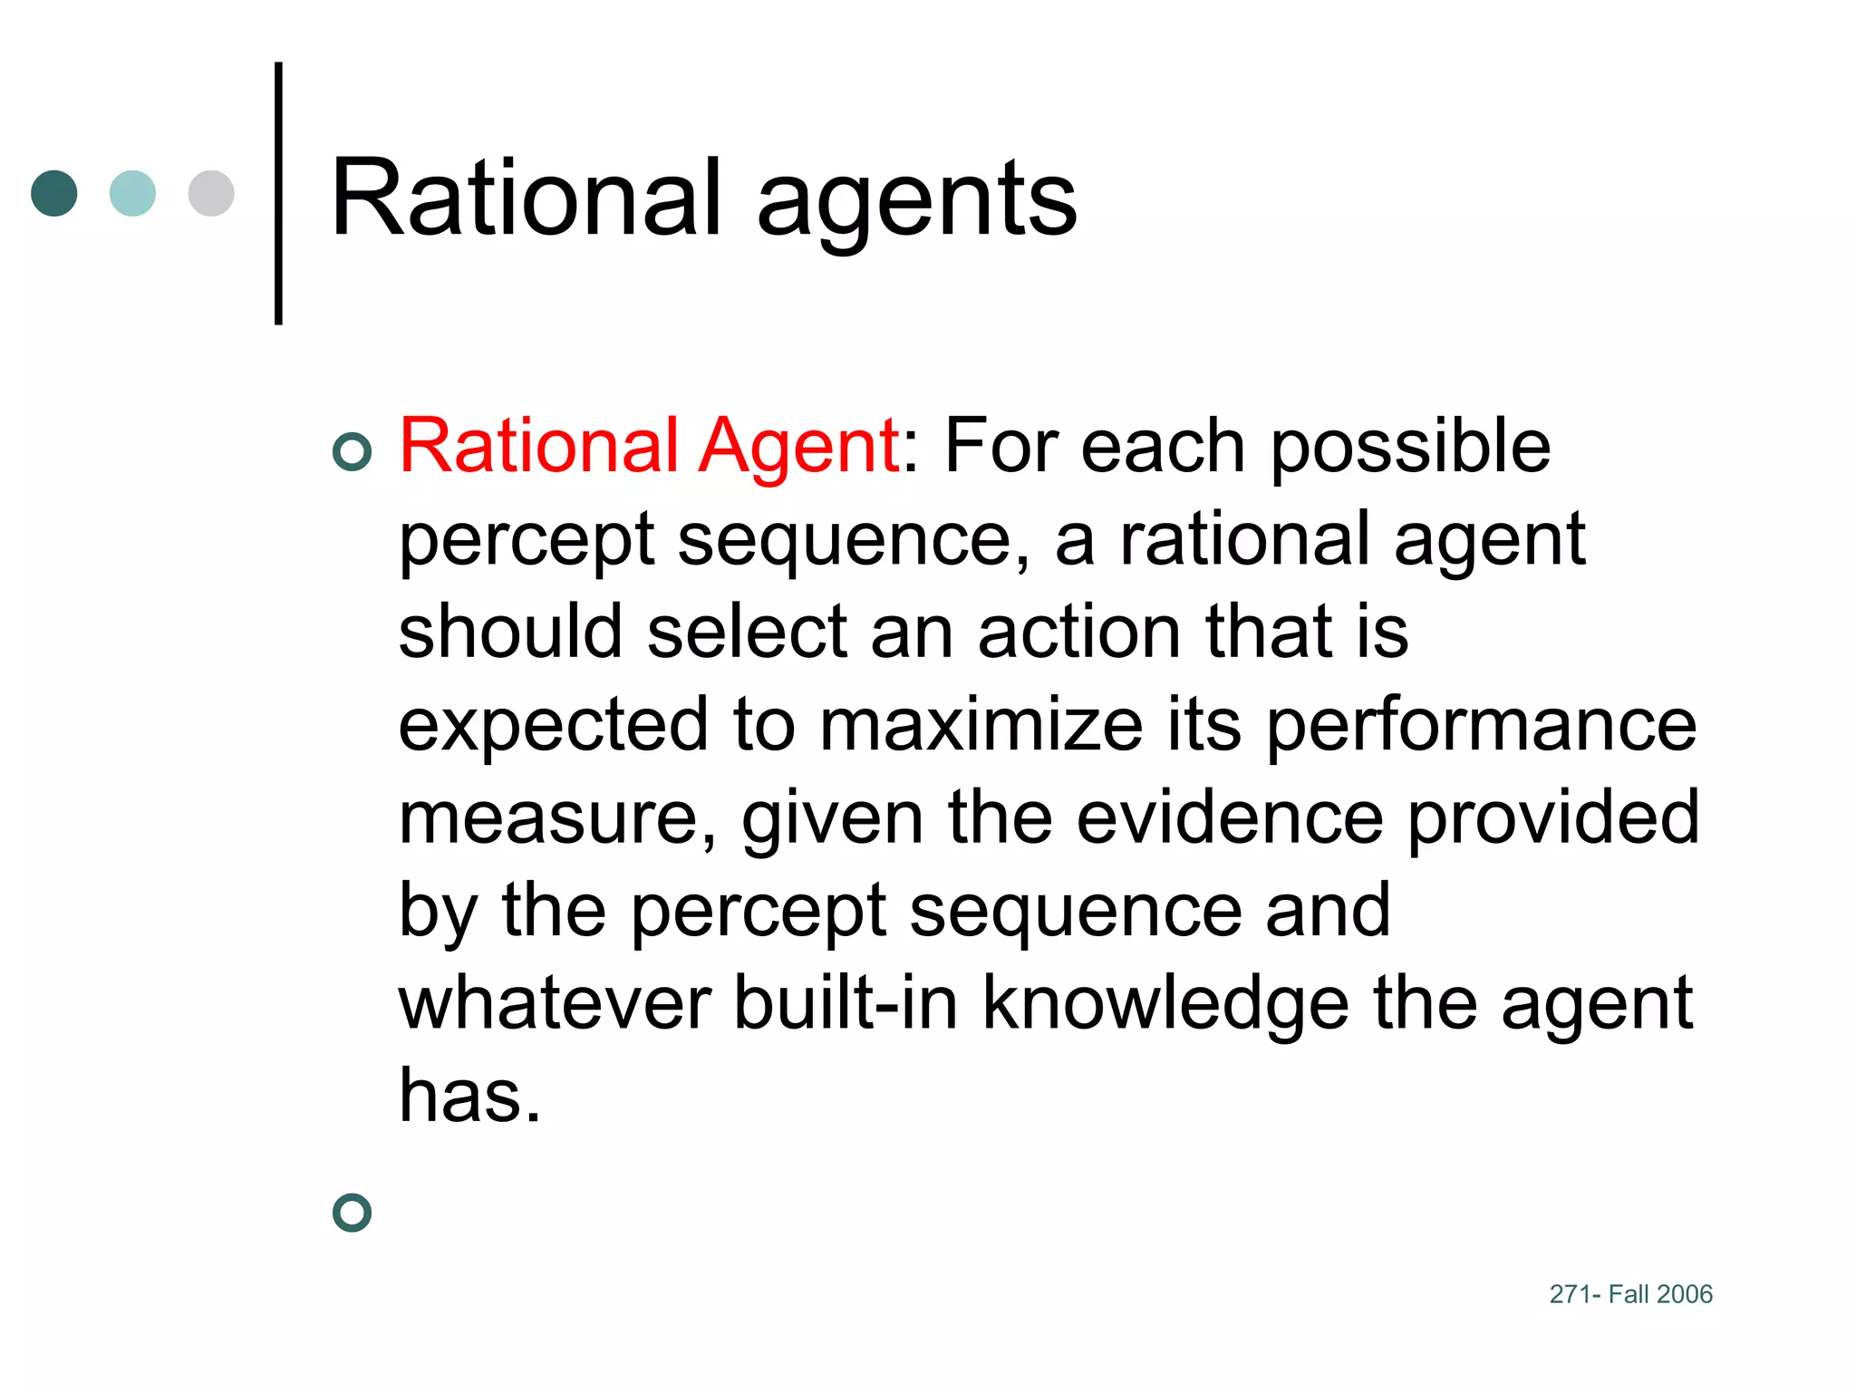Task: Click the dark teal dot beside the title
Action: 54,193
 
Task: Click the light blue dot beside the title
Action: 132,193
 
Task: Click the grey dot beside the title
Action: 211,193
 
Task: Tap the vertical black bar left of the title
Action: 278,193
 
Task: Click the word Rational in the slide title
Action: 527,198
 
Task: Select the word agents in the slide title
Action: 916,204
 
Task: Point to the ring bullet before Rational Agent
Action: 353,451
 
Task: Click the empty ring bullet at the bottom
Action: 353,1213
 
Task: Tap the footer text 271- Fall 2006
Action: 1630,1294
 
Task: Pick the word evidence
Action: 1230,817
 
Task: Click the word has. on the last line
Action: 469,1095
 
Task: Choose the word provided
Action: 1552,817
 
